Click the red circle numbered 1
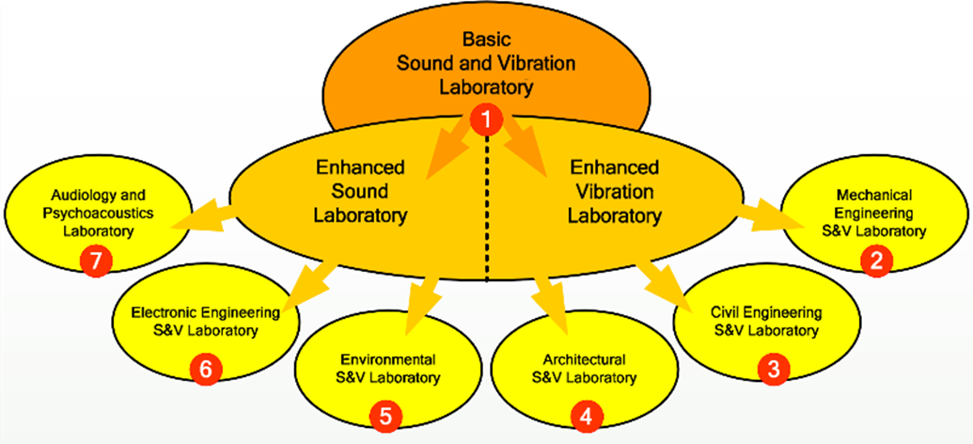[x=487, y=119]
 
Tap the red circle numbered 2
[x=875, y=263]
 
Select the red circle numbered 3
[x=773, y=369]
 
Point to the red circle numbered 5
[x=386, y=414]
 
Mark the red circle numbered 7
[x=96, y=263]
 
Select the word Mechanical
[x=874, y=195]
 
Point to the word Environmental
[x=387, y=360]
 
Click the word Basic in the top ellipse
[x=485, y=40]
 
